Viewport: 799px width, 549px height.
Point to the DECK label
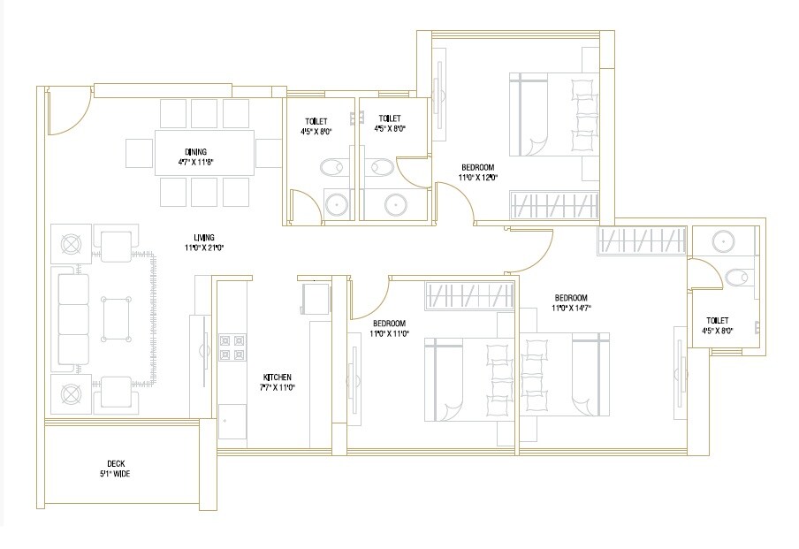116,463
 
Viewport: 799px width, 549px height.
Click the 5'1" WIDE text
116,473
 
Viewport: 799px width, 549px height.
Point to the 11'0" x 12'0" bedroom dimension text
477,178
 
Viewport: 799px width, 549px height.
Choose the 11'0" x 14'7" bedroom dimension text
572,309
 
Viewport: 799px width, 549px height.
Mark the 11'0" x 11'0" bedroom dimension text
389,334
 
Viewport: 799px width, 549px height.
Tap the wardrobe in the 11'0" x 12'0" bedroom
555,206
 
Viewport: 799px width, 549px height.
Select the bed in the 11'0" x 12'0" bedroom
552,115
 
